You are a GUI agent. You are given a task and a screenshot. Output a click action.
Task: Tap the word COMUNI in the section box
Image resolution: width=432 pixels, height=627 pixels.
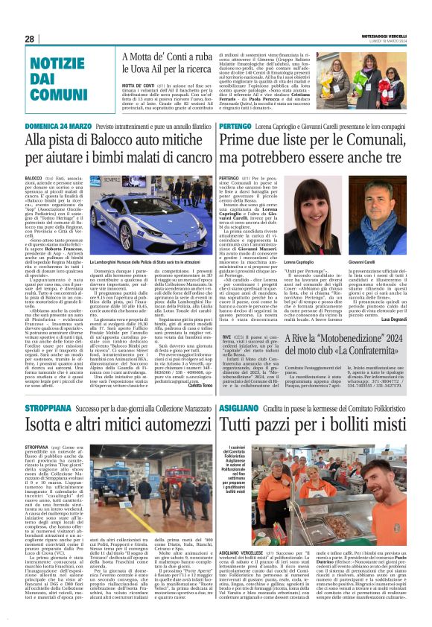(x=60, y=94)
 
